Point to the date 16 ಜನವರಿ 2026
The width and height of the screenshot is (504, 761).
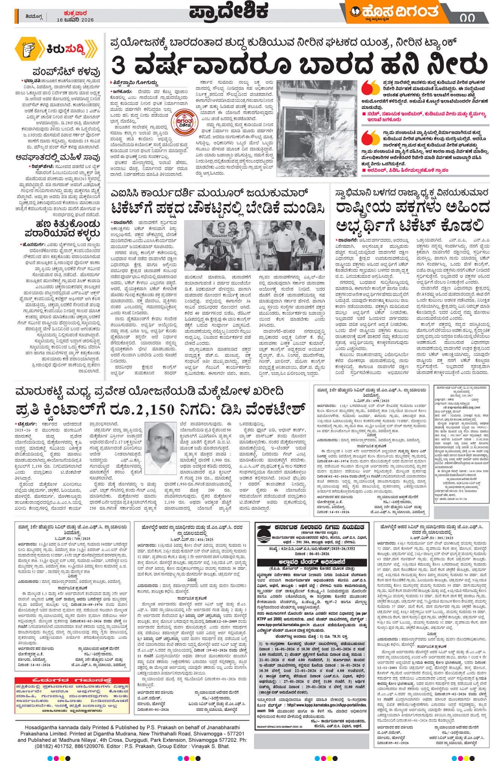(75, 20)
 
